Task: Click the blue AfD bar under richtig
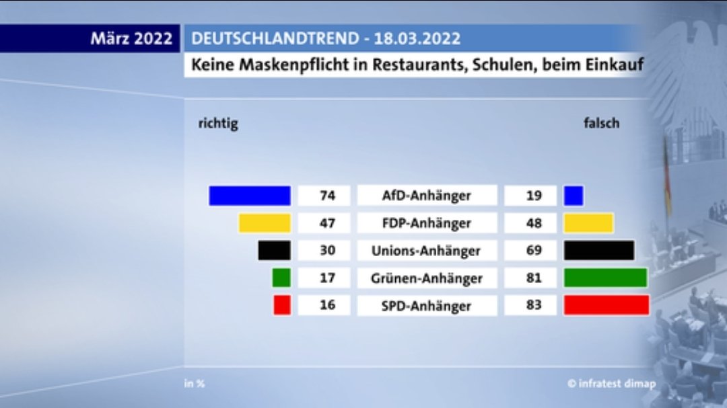click(x=250, y=196)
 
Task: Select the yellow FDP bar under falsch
click(x=588, y=223)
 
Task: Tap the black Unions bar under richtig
click(x=274, y=251)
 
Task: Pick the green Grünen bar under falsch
click(x=605, y=278)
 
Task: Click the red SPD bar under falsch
click(x=607, y=305)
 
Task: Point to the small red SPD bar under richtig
click(x=282, y=305)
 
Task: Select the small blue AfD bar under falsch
click(x=574, y=196)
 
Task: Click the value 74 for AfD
click(x=327, y=196)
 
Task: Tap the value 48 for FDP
click(x=532, y=223)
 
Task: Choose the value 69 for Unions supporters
click(x=532, y=251)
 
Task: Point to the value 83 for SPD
click(x=532, y=306)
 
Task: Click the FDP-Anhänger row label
click(x=427, y=223)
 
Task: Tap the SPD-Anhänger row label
click(x=427, y=306)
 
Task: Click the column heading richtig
click(x=218, y=124)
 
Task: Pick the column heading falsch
click(x=601, y=124)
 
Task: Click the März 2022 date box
click(x=131, y=38)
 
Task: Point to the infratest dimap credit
click(x=611, y=384)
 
